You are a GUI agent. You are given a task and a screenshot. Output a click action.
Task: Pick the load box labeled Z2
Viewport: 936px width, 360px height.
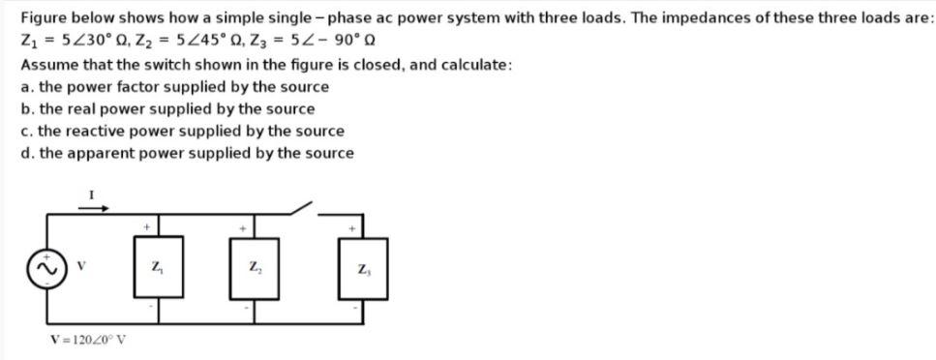click(253, 266)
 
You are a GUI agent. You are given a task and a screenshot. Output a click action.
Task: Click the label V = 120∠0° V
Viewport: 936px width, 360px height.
click(92, 339)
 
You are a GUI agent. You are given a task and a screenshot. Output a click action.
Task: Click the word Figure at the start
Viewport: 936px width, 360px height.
click(44, 18)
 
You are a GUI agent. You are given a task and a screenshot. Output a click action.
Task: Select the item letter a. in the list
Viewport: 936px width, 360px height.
click(25, 87)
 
